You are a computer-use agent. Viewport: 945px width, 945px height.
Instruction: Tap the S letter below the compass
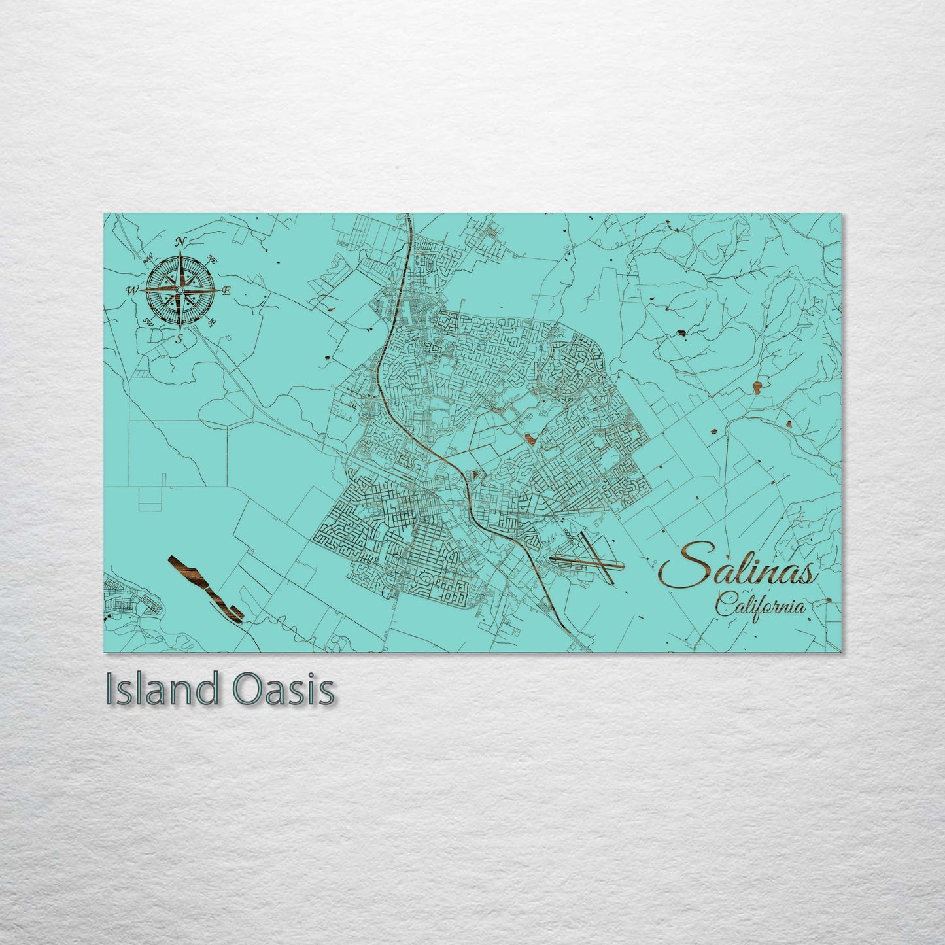click(179, 337)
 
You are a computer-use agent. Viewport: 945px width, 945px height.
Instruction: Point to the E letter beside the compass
click(227, 291)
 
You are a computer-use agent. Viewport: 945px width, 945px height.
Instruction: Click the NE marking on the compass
click(211, 260)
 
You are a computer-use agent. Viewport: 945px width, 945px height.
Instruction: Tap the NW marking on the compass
click(148, 259)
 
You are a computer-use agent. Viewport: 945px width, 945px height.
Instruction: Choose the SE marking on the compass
click(211, 322)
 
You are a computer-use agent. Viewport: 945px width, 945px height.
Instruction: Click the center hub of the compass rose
click(181, 290)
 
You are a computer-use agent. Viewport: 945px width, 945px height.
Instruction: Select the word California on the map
click(760, 605)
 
